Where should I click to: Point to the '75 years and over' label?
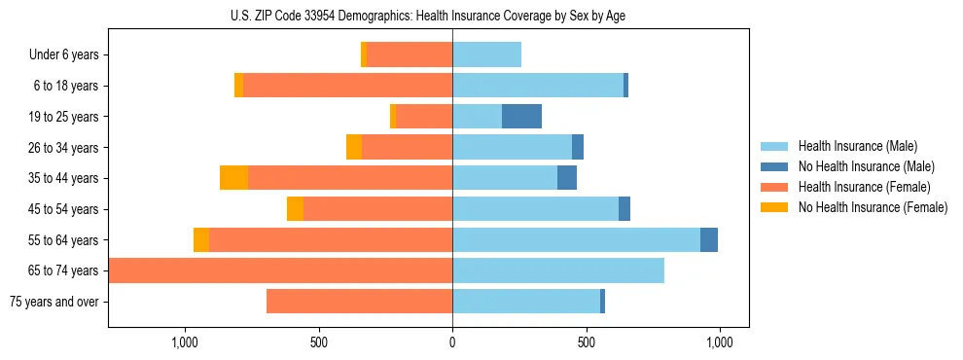coord(53,302)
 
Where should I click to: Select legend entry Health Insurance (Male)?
coord(857,146)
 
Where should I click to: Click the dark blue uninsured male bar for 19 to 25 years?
coord(521,117)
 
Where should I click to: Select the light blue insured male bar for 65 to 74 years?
coord(558,270)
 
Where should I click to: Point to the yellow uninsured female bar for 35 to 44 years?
coord(233,178)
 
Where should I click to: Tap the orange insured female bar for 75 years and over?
coord(359,302)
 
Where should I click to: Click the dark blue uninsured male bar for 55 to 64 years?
coord(709,240)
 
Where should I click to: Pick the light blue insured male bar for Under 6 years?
coord(486,55)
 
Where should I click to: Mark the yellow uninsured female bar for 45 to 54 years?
coord(295,209)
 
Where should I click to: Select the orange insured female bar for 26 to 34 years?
coord(407,148)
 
